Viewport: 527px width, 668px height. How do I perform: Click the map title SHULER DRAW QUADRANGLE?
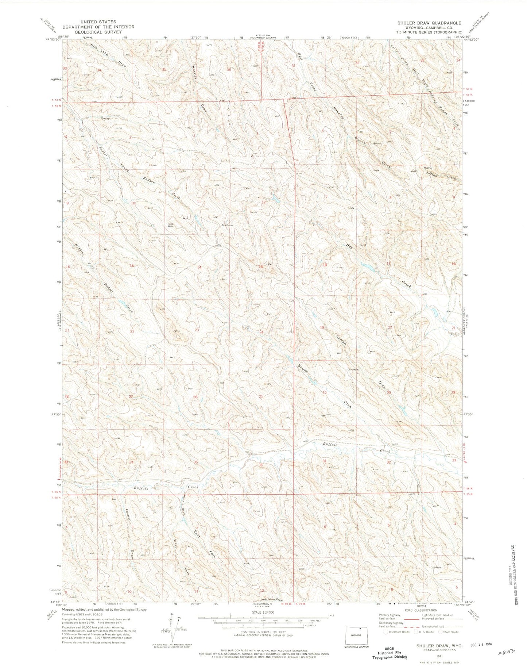click(424, 23)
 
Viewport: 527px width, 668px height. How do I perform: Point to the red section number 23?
click(197, 330)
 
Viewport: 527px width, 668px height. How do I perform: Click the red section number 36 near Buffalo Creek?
click(260, 465)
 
